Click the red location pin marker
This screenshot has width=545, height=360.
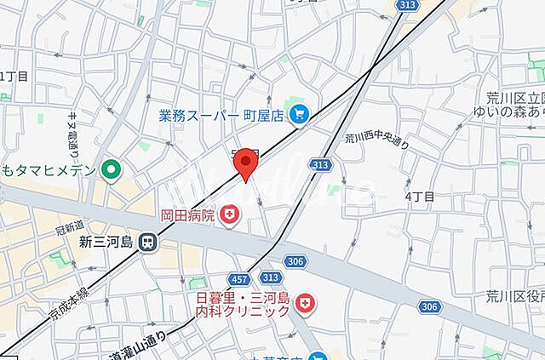click(246, 163)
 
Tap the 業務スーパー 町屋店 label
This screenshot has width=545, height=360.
click(221, 114)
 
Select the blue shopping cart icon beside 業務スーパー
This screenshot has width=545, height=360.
click(299, 114)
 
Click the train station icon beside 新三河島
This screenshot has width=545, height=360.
click(147, 243)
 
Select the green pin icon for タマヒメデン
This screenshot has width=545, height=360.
click(110, 171)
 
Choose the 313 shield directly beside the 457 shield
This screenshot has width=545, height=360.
click(270, 277)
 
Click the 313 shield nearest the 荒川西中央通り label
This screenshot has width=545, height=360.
click(320, 164)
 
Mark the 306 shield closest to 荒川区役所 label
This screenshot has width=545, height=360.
click(430, 306)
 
